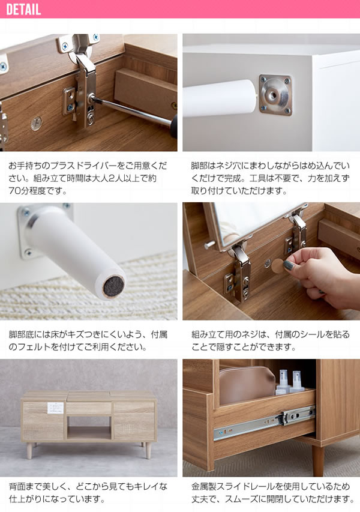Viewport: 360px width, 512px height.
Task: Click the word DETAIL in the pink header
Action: tap(23, 10)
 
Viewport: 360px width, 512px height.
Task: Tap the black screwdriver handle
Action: tap(174, 125)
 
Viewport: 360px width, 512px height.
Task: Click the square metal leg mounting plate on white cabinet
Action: tap(275, 95)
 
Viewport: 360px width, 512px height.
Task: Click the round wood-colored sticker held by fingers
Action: tap(278, 266)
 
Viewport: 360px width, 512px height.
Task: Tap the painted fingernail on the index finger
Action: tap(288, 265)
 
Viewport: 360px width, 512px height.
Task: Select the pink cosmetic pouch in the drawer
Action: tap(247, 385)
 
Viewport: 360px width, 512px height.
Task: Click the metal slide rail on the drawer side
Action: tap(265, 423)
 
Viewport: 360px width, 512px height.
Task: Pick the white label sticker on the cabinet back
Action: tap(55, 408)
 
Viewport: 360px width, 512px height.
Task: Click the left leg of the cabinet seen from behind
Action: tap(29, 450)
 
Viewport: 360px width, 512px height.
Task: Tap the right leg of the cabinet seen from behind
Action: tap(148, 450)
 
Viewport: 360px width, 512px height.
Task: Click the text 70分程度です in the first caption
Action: tap(38, 191)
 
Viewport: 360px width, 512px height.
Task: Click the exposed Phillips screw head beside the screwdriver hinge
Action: tap(37, 124)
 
